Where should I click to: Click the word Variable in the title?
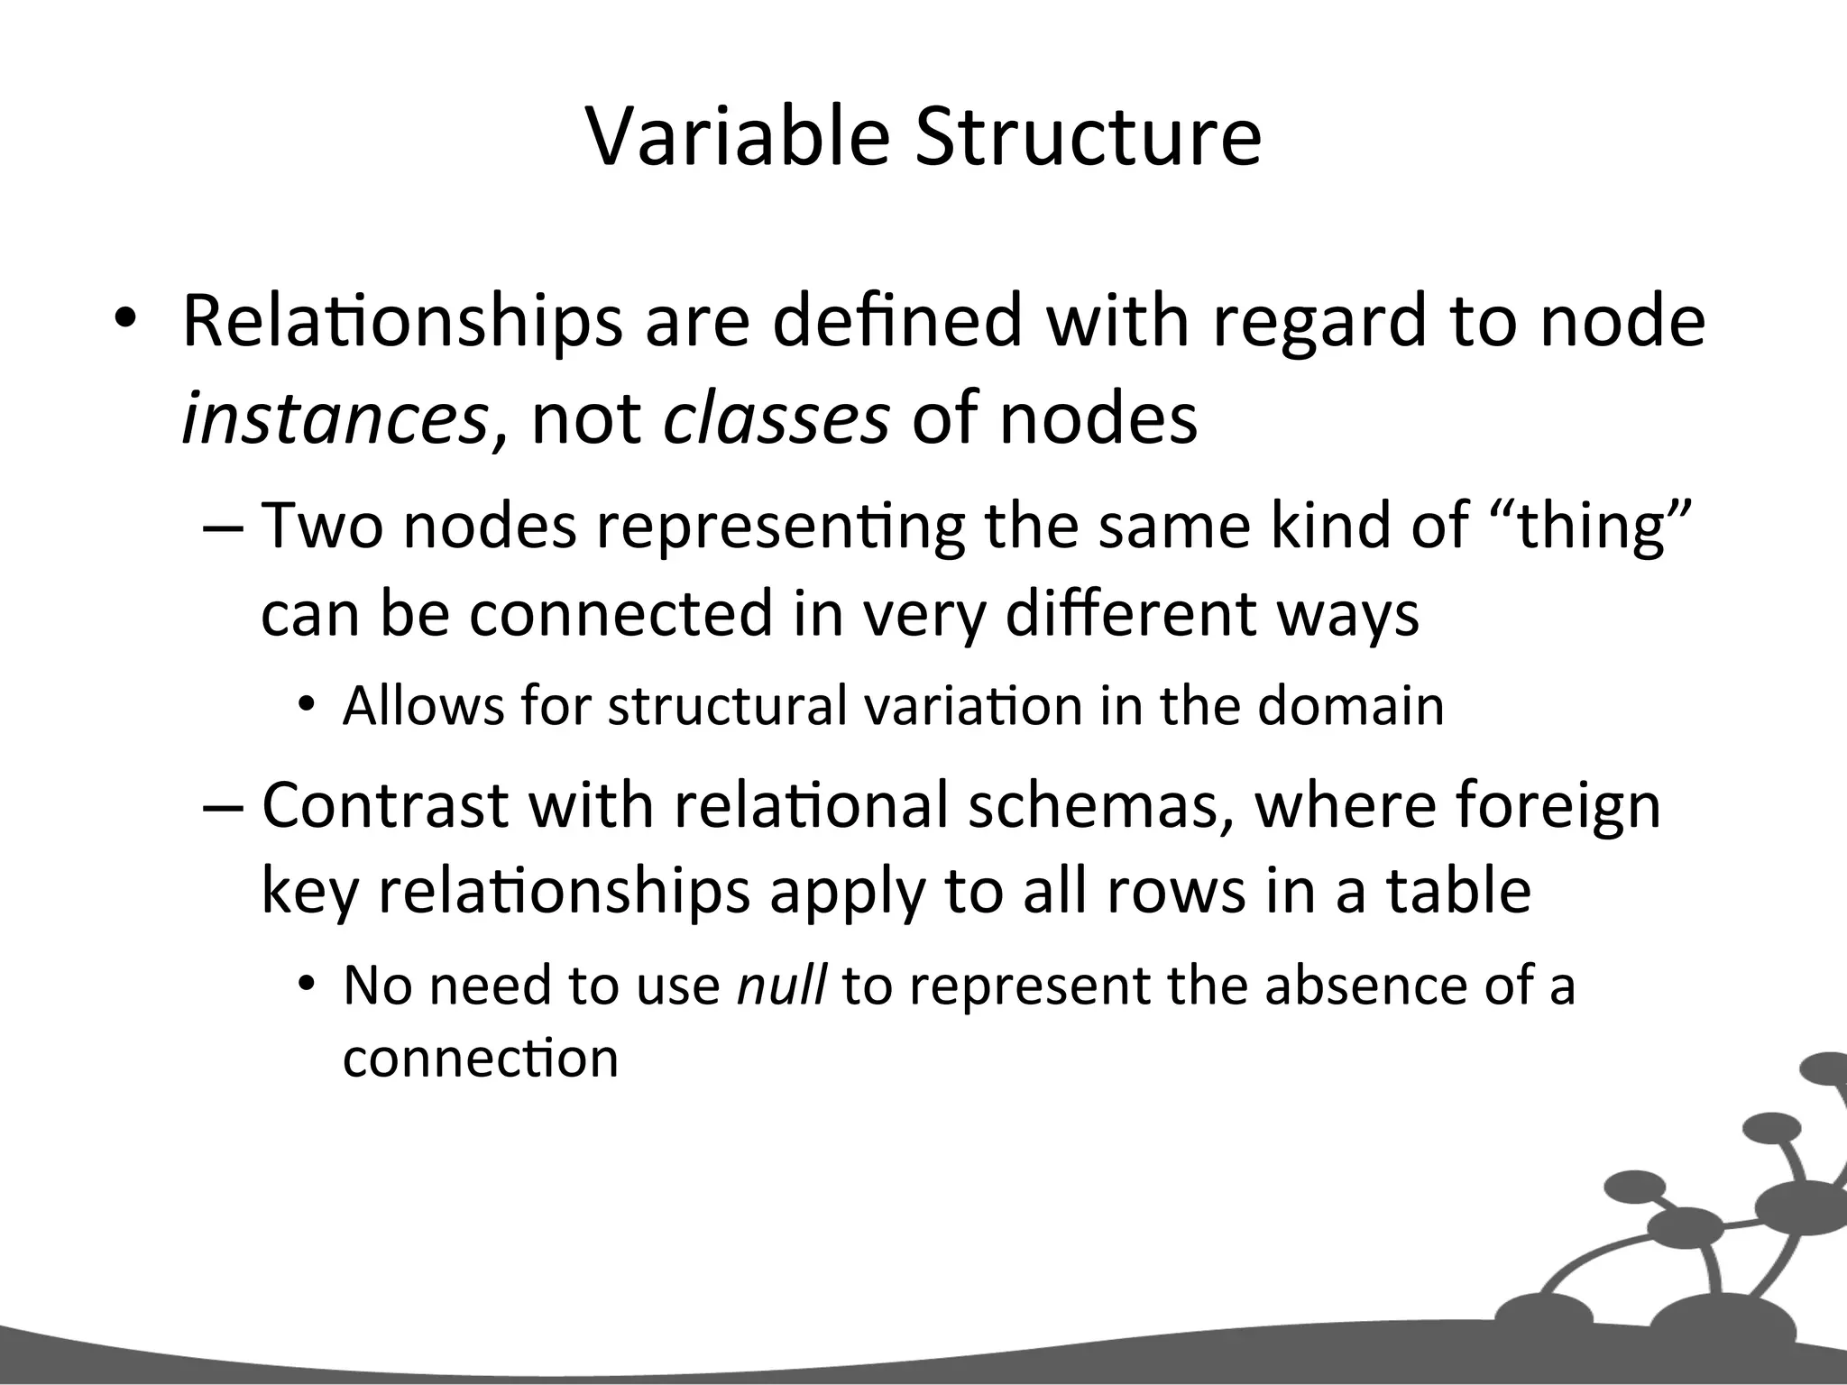(739, 137)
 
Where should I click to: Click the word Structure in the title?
(1088, 137)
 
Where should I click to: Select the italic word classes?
(776, 419)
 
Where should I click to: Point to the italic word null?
(781, 985)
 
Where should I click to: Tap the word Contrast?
(385, 804)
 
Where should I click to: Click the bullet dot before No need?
(307, 986)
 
